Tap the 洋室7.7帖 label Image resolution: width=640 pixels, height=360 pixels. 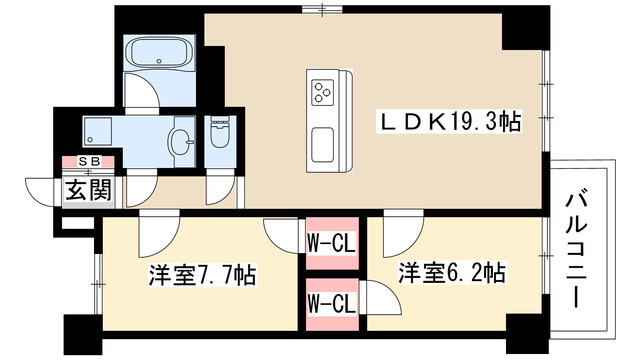click(202, 274)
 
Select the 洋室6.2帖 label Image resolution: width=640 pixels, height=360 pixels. click(452, 273)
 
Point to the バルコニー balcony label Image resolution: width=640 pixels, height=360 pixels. click(577, 251)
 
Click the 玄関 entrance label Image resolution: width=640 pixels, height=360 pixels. click(89, 190)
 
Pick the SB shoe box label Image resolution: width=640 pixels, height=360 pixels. click(89, 162)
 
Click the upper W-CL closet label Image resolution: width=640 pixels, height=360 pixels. click(331, 244)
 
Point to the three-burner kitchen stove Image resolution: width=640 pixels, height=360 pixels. click(322, 91)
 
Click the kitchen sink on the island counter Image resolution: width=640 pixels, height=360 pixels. click(322, 144)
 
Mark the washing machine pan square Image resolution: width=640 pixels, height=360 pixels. click(98, 131)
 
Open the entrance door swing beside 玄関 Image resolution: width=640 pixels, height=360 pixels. click(40, 192)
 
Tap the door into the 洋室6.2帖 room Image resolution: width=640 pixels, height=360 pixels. click(403, 233)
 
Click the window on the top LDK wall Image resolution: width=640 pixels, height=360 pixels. click(322, 9)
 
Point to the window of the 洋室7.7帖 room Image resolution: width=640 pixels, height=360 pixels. click(98, 284)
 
